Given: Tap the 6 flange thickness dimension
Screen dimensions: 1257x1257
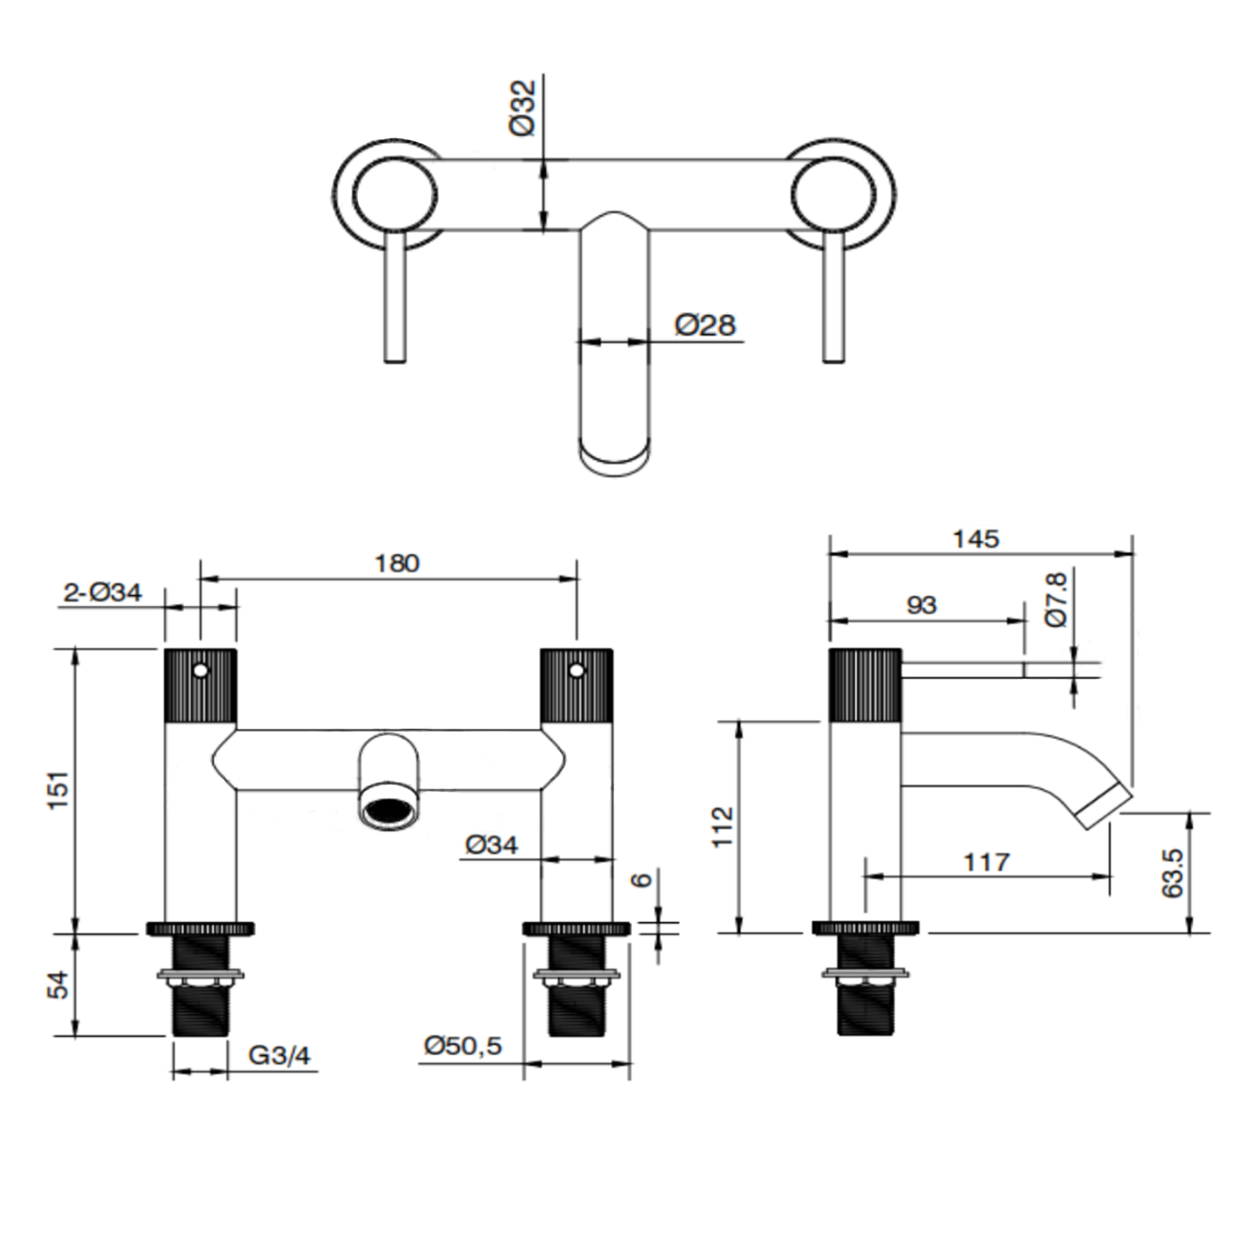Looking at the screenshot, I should (642, 879).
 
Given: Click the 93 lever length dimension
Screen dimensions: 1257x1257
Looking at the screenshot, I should (921, 606).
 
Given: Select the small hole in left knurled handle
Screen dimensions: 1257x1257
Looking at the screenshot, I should (202, 670).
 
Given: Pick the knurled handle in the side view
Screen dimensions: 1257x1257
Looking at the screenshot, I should (865, 685).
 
